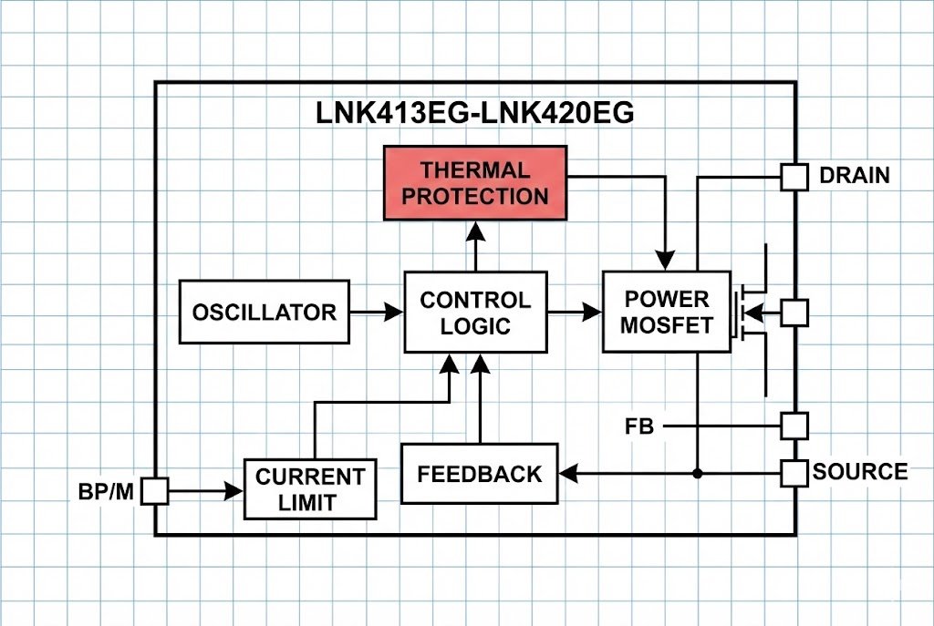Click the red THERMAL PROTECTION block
474,183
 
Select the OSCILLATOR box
265,312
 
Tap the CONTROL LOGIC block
475,313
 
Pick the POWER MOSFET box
666,312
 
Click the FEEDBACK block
479,474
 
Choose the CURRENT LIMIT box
310,489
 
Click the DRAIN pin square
794,177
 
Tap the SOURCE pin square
794,473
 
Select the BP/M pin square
155,492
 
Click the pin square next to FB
794,426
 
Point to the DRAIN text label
855,176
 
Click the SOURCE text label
860,472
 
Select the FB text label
639,426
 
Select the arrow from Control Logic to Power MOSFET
575,313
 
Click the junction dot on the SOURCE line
697,474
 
